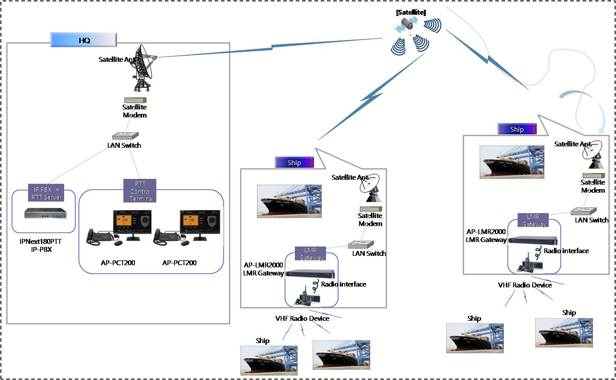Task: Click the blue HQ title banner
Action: [84, 40]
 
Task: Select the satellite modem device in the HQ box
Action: [135, 100]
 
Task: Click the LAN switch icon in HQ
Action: [126, 135]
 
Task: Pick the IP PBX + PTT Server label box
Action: [46, 193]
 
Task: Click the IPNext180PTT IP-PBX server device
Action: [45, 213]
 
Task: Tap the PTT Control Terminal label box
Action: [140, 191]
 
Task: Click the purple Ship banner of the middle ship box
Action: [294, 162]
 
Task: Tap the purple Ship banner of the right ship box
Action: [517, 129]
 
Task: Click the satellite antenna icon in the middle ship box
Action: [371, 188]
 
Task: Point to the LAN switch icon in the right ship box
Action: [583, 211]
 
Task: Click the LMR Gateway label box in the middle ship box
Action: [310, 253]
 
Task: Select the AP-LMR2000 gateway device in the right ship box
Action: [533, 240]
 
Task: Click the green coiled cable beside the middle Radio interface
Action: [315, 286]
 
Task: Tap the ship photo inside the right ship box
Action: [512, 162]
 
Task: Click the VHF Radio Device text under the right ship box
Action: [525, 285]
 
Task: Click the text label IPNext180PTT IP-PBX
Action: [41, 245]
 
